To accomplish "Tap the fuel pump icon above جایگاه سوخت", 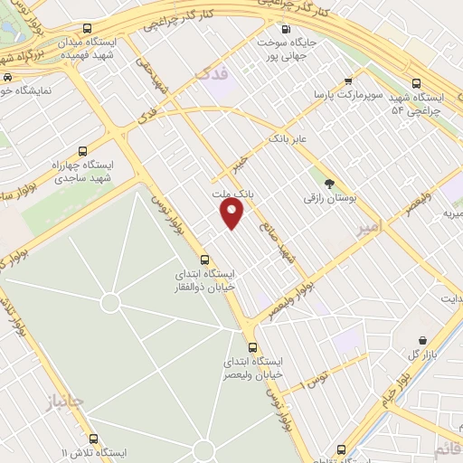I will [x=288, y=28].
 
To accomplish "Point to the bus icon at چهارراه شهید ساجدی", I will [x=83, y=151].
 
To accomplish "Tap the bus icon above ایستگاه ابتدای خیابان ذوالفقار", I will [x=203, y=257].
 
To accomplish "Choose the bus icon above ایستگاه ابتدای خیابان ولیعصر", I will [x=252, y=346].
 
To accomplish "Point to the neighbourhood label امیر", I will [x=371, y=222].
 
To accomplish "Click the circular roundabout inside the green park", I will [x=110, y=303].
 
